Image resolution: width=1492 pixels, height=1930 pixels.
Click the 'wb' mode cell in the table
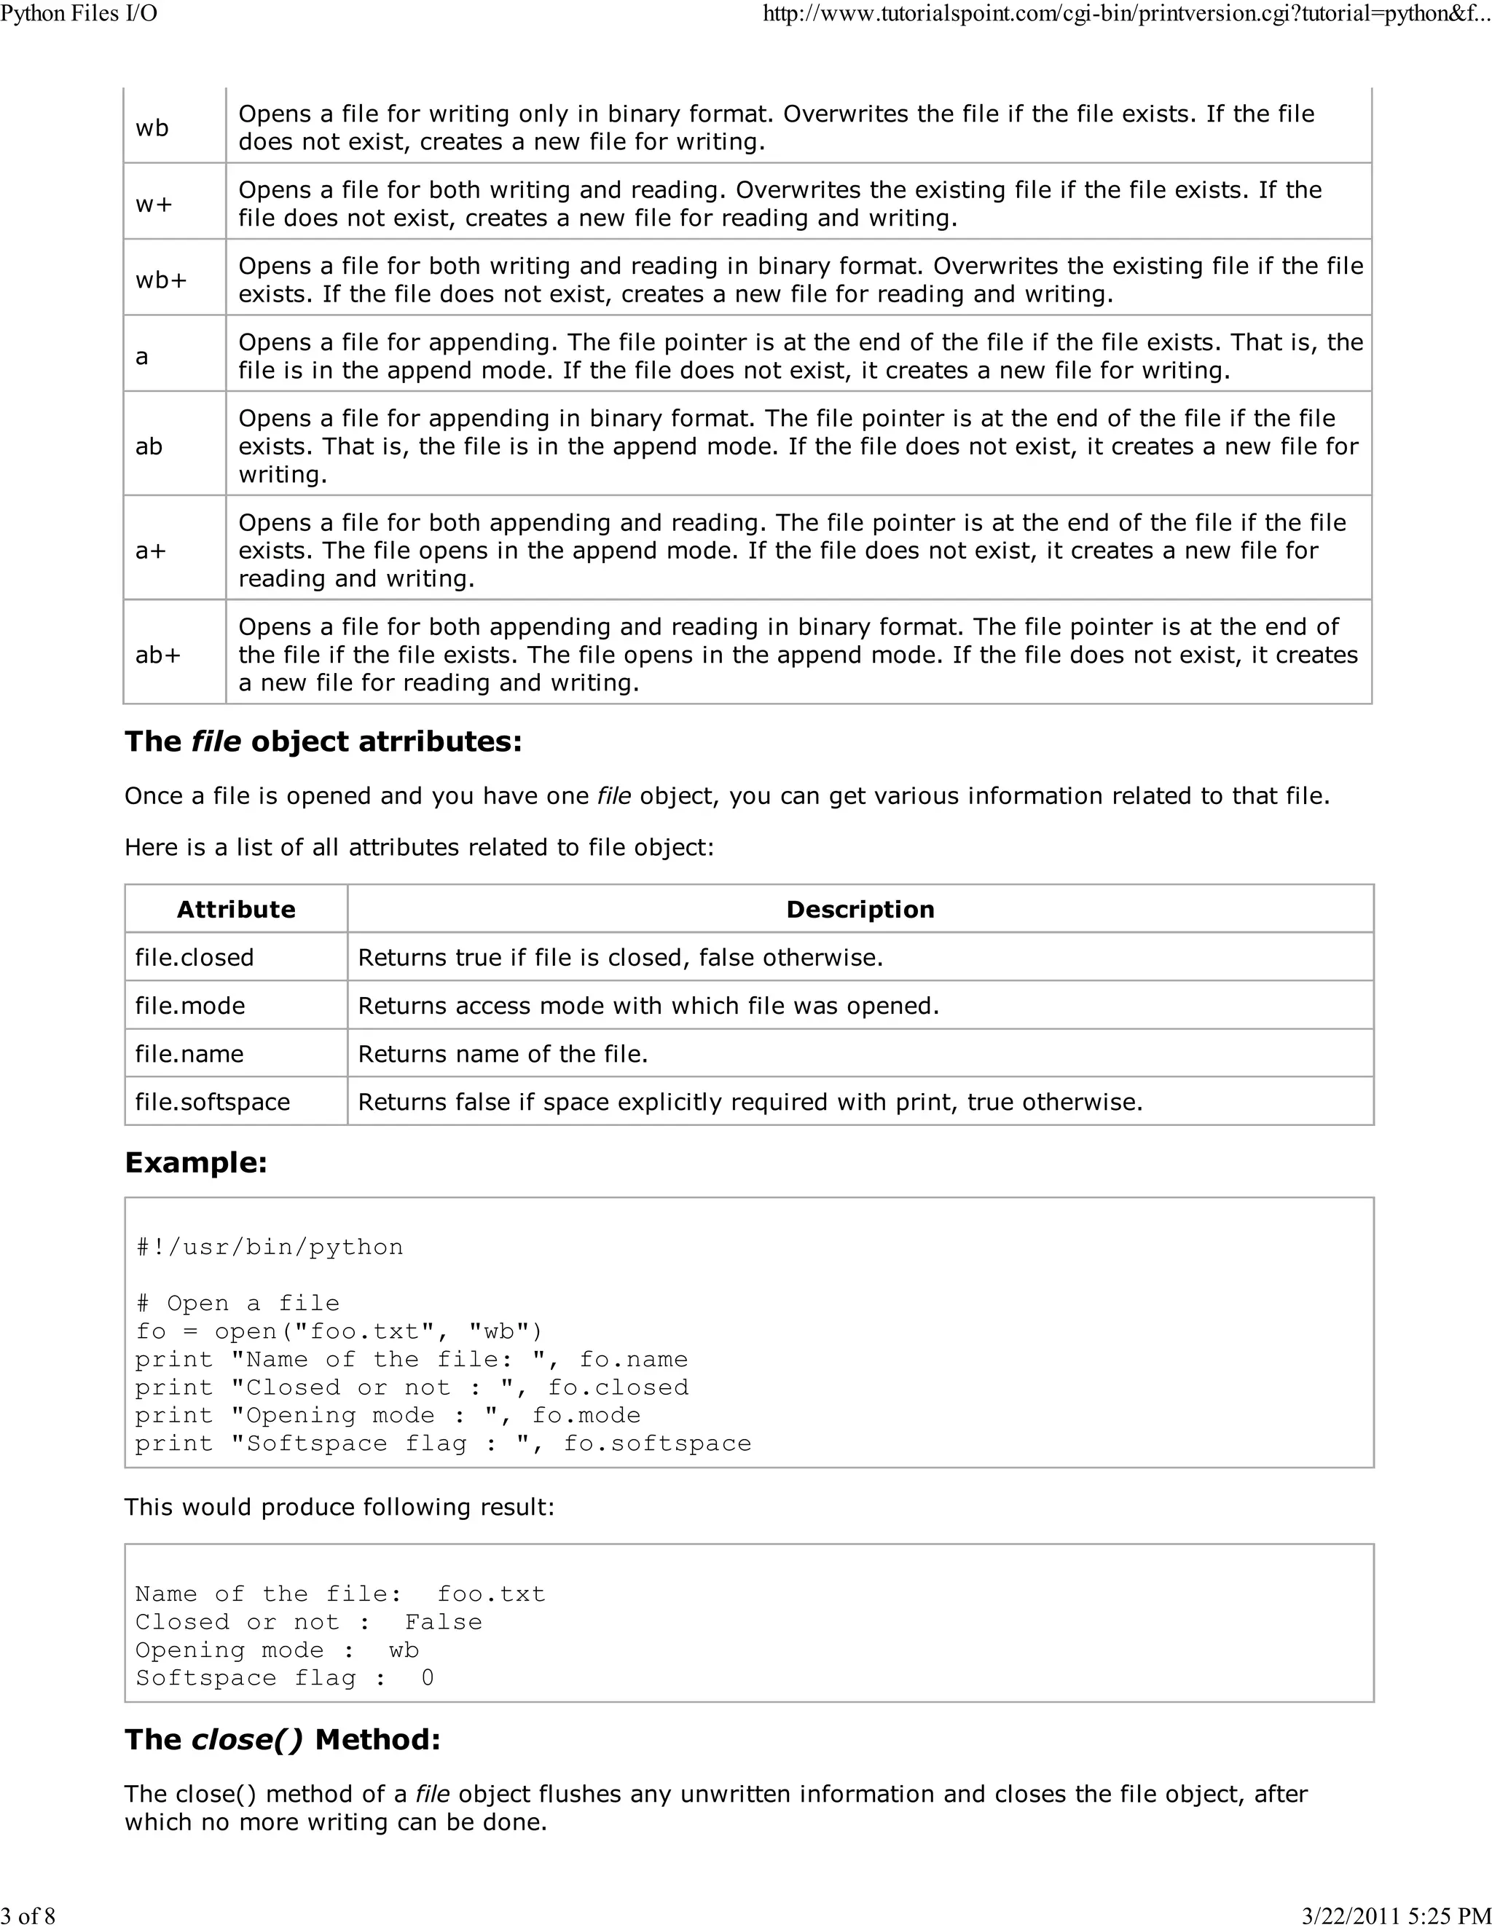(152, 128)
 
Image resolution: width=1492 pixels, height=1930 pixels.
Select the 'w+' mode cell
(154, 204)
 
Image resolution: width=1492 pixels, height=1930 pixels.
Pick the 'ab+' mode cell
(158, 655)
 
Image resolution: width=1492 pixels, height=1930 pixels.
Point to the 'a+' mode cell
(151, 551)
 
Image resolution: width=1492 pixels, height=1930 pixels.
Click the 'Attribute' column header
(236, 910)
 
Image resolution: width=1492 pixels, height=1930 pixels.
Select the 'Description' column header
(860, 910)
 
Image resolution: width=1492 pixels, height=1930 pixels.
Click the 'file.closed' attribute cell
(195, 957)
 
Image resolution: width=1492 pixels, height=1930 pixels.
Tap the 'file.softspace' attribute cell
(212, 1102)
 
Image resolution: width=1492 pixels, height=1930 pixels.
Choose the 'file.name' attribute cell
(189, 1053)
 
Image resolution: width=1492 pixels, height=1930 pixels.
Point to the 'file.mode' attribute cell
(190, 1006)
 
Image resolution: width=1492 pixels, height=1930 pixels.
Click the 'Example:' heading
(196, 1162)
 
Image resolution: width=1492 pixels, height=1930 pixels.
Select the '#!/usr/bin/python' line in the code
(270, 1247)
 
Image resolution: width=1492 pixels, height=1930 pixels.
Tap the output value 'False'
(444, 1622)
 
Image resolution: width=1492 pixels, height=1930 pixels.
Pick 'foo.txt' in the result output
(492, 1594)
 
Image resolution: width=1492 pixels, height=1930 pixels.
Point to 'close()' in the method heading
(248, 1739)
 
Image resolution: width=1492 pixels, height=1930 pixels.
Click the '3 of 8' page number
(28, 1915)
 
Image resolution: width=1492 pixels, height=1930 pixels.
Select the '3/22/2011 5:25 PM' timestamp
(1397, 1915)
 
